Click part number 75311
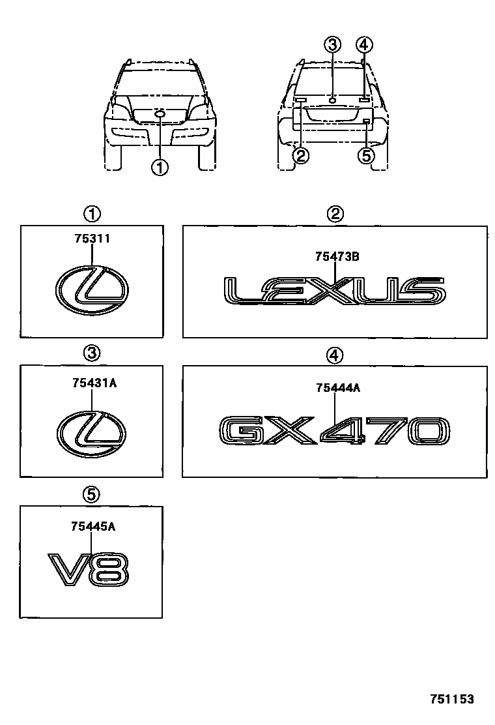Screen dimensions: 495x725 [x=92, y=239]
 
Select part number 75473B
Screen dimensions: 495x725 [x=337, y=256]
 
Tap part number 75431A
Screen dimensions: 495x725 [x=94, y=383]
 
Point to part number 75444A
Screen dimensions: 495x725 [x=337, y=388]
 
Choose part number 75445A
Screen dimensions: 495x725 [x=93, y=526]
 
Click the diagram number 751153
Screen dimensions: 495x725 [x=451, y=699]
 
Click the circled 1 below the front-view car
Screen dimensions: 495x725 [x=160, y=168]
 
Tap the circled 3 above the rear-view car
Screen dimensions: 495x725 [x=332, y=44]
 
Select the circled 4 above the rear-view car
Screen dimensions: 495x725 [x=364, y=44]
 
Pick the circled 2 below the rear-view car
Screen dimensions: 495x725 [x=300, y=155]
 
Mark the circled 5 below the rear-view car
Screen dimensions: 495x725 [x=367, y=155]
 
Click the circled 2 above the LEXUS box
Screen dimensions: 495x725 [x=335, y=213]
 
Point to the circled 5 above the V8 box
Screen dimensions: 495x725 [x=92, y=495]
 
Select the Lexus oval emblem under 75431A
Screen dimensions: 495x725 [x=92, y=434]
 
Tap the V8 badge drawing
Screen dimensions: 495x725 [x=90, y=569]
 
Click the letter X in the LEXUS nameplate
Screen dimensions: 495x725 [x=335, y=291]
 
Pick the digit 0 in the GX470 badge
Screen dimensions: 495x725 [x=427, y=431]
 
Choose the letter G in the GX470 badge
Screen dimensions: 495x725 [x=238, y=431]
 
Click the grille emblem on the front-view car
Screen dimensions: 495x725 [x=160, y=115]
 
